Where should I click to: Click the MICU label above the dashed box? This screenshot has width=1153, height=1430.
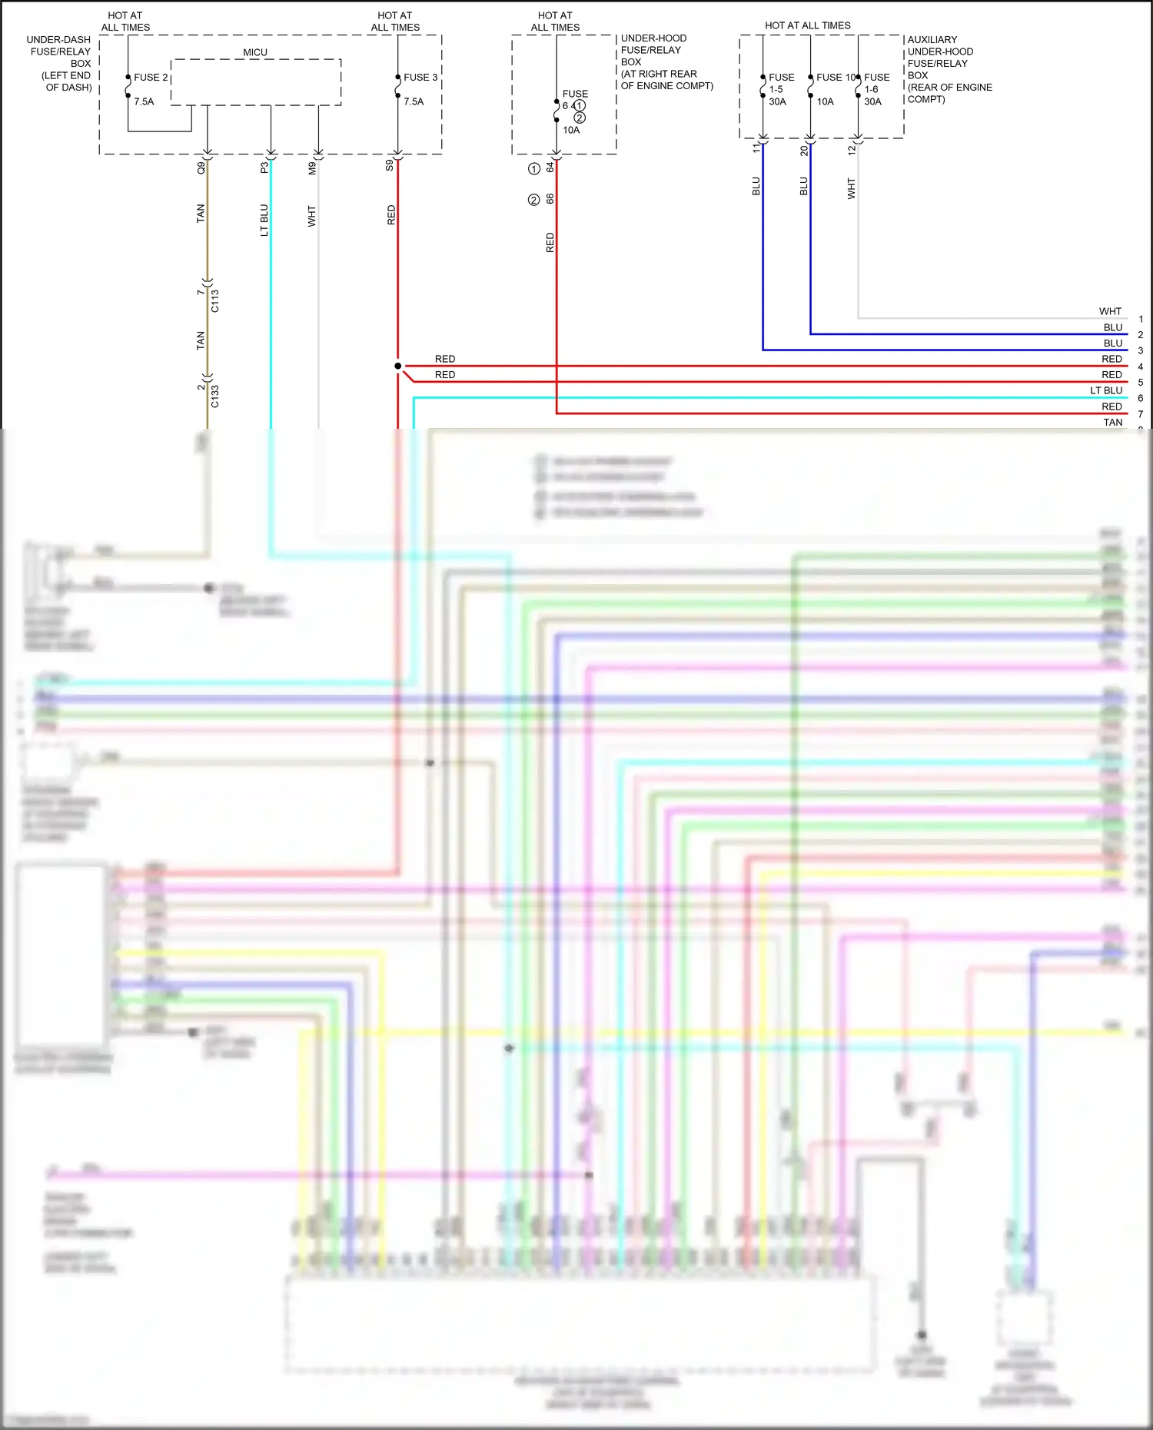coord(255,52)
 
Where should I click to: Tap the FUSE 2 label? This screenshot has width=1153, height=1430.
coord(150,78)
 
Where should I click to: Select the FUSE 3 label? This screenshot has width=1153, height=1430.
coord(420,78)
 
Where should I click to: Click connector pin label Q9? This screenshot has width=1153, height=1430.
coord(201,168)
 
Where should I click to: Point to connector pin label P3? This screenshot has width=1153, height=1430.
coord(264,168)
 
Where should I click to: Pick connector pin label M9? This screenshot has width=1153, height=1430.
coord(312,168)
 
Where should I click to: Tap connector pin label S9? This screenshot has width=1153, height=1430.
coord(390,165)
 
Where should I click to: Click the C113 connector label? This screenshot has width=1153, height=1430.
coord(215,300)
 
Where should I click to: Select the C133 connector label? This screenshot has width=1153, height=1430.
coord(215,396)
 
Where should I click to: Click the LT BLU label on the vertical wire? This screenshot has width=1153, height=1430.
coord(264,220)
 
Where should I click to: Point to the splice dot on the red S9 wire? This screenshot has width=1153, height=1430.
coord(397,366)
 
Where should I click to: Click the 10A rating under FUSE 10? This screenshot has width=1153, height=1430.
coord(825,101)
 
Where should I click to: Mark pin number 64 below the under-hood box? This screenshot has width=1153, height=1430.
coord(550,167)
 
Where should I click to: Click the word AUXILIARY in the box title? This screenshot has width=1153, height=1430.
coord(932,40)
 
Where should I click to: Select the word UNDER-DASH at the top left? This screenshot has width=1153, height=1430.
coord(58,40)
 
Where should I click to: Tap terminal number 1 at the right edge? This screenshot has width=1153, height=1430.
coord(1141,319)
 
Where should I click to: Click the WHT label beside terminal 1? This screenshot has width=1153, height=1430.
coord(1110,311)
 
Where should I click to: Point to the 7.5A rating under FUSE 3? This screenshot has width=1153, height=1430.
coord(414,101)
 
